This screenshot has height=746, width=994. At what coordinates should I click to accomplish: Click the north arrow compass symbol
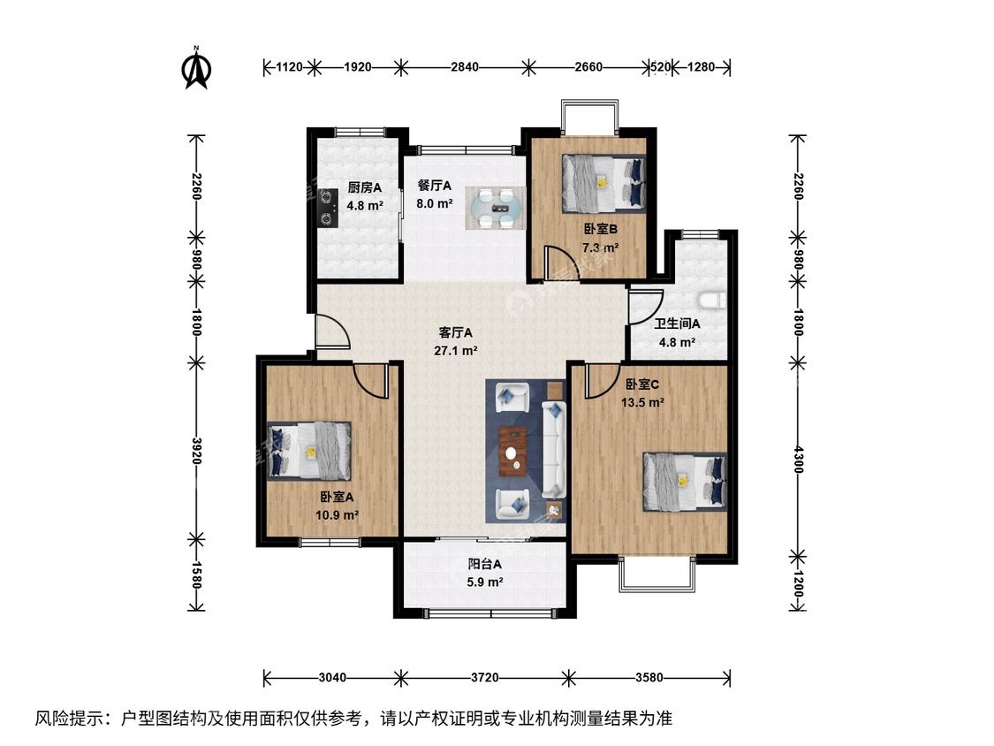point(196,67)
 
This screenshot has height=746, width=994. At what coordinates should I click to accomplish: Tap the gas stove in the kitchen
point(328,208)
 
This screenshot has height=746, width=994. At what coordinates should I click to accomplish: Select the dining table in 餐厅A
point(496,208)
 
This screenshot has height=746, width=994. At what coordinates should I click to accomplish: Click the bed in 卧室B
point(603,183)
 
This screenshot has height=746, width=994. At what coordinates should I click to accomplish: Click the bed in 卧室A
point(308,451)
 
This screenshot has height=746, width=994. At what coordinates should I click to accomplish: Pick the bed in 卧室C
point(685,482)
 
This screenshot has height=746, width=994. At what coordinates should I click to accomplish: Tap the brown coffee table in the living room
point(512,452)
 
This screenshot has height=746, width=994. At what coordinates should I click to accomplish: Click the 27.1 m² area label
point(456,350)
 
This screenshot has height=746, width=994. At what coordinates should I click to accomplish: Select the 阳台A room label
point(485,564)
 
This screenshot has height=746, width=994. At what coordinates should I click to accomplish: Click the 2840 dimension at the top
point(465,66)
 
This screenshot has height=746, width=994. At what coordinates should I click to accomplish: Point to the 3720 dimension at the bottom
point(485,677)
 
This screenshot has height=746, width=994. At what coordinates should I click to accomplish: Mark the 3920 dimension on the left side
point(197,451)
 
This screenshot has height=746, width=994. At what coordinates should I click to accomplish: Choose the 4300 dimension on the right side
point(798,460)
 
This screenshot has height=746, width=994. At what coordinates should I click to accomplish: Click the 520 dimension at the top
point(661,66)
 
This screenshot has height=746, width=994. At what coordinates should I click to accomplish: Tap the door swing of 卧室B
point(560,262)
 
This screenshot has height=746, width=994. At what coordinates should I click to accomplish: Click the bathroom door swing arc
point(647,307)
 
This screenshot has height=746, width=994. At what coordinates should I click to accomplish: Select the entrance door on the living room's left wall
point(332,331)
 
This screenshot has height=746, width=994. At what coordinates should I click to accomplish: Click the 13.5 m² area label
point(643,402)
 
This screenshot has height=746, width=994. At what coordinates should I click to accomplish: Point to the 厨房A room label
point(365,187)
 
